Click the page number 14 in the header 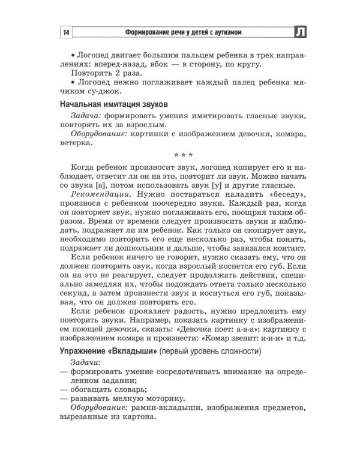point(66,32)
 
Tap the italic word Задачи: point(86,363)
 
